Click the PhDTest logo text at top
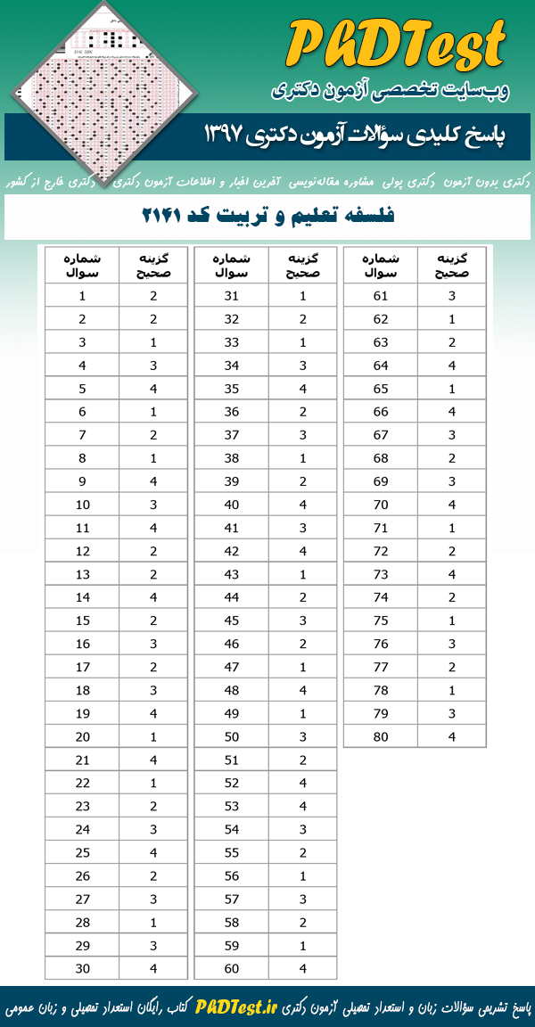[x=397, y=45]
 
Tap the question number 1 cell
[x=82, y=297]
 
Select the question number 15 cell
[x=82, y=620]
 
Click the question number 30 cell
[x=82, y=968]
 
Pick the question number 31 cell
[x=231, y=297]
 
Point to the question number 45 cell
[x=231, y=620]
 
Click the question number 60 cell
[x=231, y=968]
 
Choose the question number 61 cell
[x=381, y=297]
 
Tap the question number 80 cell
[x=381, y=736]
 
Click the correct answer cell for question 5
[x=153, y=389]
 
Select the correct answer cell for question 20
[x=153, y=736]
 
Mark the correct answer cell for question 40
[x=302, y=505]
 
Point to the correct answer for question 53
[x=302, y=806]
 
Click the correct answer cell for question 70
[x=452, y=505]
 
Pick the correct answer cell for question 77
[x=452, y=667]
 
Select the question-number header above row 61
[x=381, y=265]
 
